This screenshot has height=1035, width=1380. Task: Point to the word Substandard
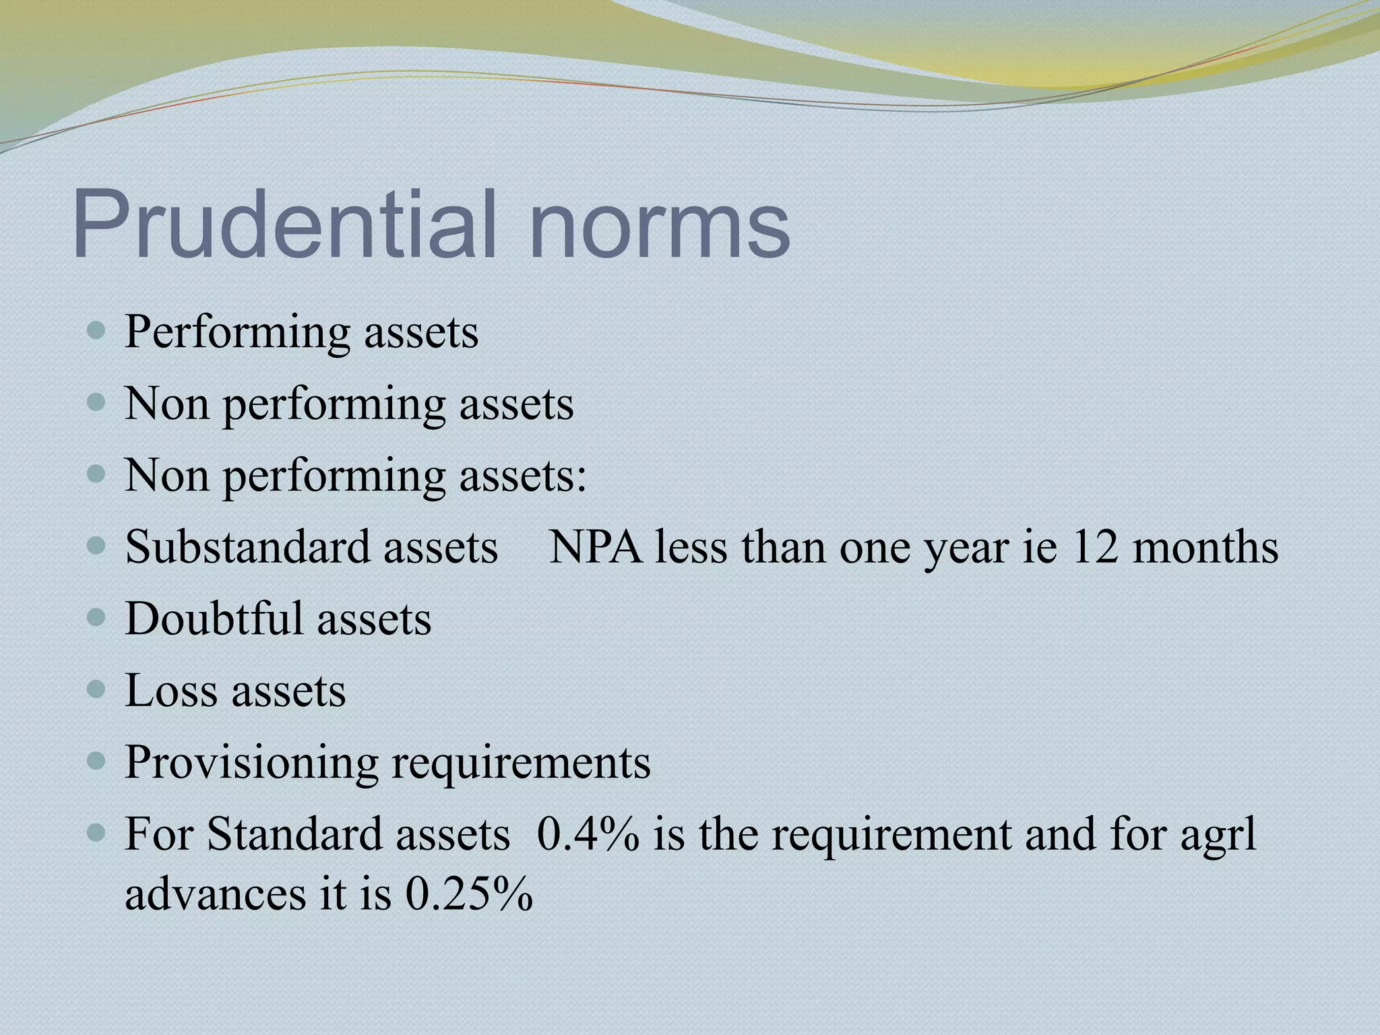pyautogui.click(x=247, y=546)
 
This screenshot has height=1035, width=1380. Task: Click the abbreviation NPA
pyautogui.click(x=595, y=546)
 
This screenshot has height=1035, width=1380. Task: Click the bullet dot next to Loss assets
pyautogui.click(x=97, y=689)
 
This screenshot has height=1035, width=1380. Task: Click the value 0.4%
pyautogui.click(x=588, y=834)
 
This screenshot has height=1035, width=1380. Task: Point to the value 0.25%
pyautogui.click(x=469, y=895)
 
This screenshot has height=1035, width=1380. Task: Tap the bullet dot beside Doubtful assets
pyautogui.click(x=97, y=617)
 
